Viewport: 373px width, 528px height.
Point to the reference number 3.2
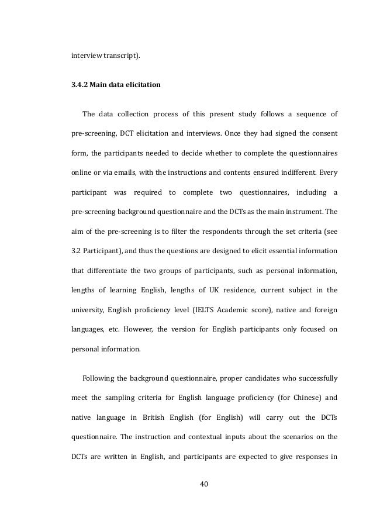point(75,240)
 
